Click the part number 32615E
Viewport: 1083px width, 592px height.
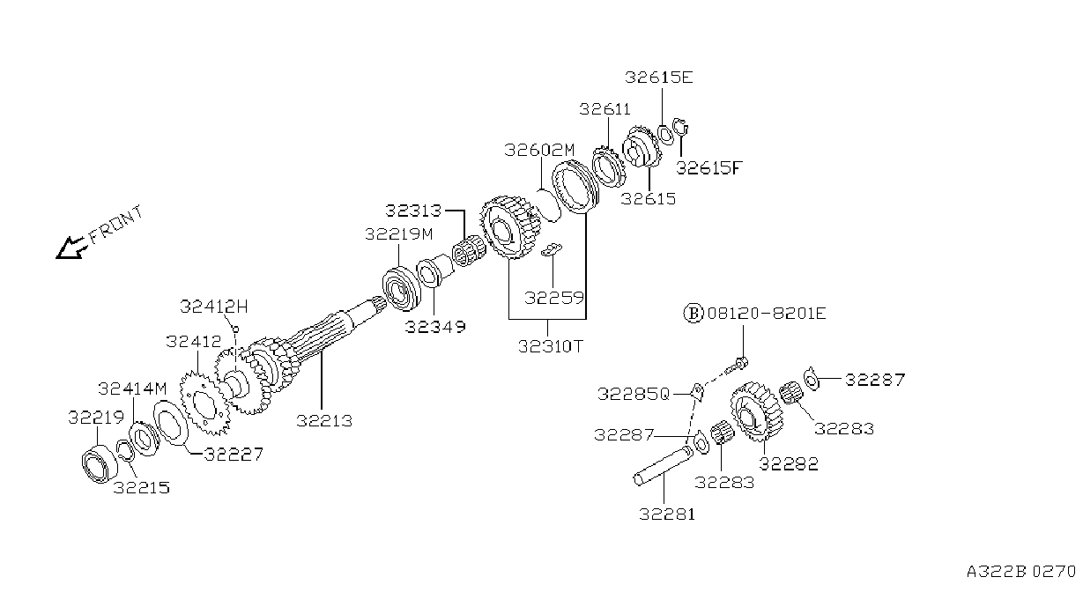(658, 78)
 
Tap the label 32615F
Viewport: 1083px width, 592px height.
(708, 167)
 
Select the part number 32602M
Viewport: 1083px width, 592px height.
(539, 150)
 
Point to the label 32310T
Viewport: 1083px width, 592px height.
(551, 346)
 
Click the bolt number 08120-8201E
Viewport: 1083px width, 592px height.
(767, 314)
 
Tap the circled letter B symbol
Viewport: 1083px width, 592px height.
(694, 314)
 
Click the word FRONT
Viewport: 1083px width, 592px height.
(116, 225)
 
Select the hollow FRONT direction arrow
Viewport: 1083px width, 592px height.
(71, 248)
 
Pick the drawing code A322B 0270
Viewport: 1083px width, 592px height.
(1021, 572)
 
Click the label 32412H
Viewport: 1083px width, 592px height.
(214, 307)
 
